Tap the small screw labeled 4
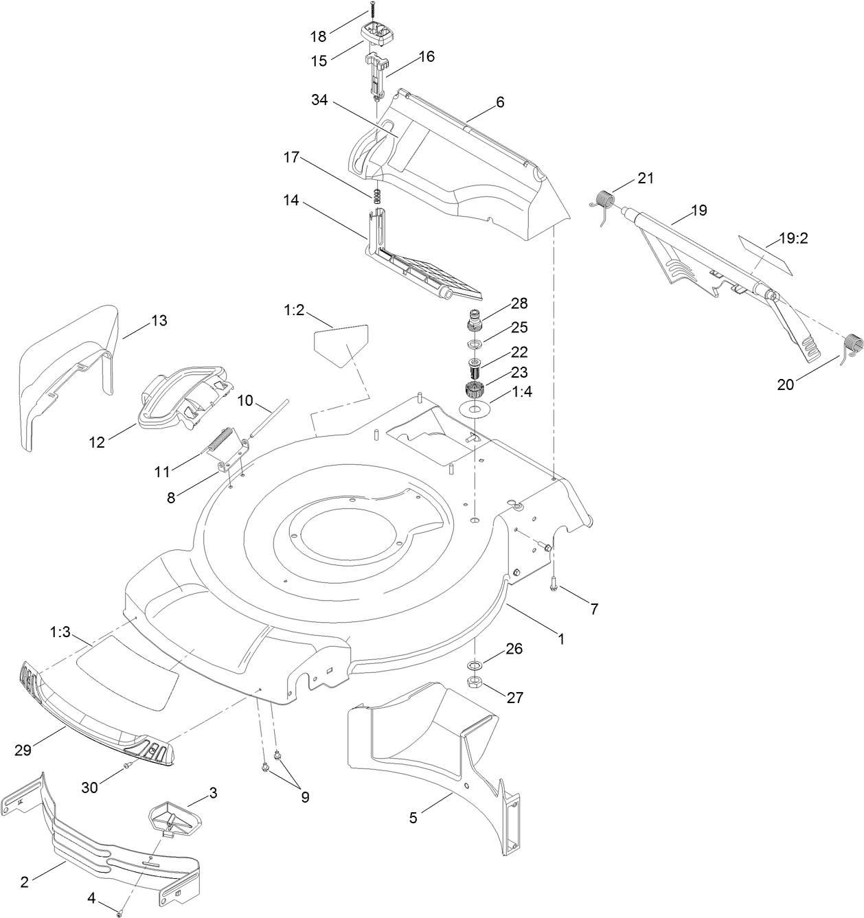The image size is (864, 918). point(119,908)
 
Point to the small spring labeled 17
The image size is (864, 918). point(376,196)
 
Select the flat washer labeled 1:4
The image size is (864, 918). point(474,409)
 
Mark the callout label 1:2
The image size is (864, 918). point(293,310)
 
